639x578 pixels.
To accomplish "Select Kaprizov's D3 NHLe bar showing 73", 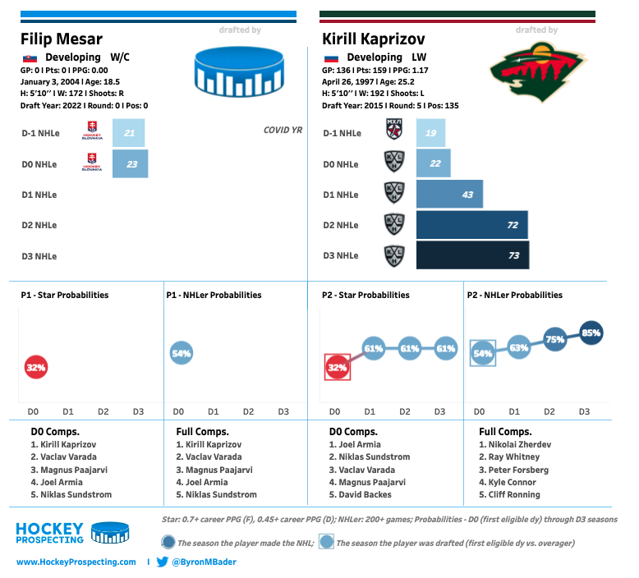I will pos(472,255).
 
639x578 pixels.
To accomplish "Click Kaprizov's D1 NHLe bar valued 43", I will pos(449,194).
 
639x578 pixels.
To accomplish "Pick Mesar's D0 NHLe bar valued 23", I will pos(130,163).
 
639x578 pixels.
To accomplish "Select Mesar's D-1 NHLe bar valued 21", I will pos(129,133).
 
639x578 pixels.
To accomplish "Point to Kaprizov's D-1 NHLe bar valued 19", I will pos(431,133).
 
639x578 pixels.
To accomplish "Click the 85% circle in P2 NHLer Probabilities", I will pos(591,333).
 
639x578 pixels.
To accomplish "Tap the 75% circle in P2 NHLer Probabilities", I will pos(555,339).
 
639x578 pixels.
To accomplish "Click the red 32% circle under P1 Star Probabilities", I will pos(35,368).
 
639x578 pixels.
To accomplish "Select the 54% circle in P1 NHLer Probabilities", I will pos(181,353).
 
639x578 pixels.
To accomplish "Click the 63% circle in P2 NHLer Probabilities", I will pos(519,347).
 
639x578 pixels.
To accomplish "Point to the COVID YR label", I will pos(283,130).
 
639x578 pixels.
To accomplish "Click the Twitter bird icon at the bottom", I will pos(163,562).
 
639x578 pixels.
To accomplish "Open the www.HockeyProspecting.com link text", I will pos(76,562).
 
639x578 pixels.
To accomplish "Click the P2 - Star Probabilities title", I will pos(365,295).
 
